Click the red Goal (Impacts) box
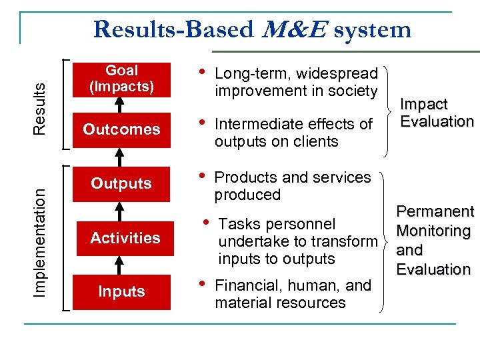[122, 79]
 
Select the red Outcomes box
[122, 129]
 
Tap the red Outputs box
[122, 183]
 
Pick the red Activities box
[125, 238]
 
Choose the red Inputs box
[122, 291]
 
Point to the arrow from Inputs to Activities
[122, 265]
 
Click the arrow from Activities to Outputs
[122, 211]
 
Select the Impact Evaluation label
[437, 113]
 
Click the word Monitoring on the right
[433, 231]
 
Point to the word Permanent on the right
[435, 212]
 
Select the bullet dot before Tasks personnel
[207, 221]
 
